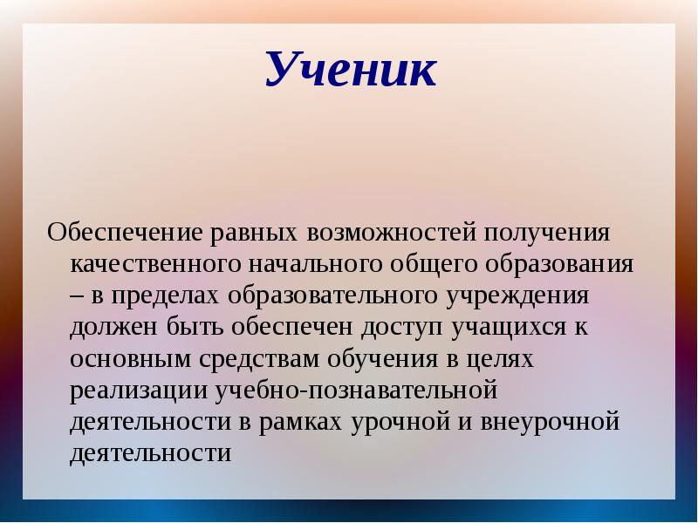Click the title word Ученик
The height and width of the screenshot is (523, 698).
click(351, 71)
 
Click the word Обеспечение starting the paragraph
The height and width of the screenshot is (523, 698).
click(125, 234)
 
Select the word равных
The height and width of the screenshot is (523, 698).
click(254, 234)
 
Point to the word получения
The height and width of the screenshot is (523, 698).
click(547, 234)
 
